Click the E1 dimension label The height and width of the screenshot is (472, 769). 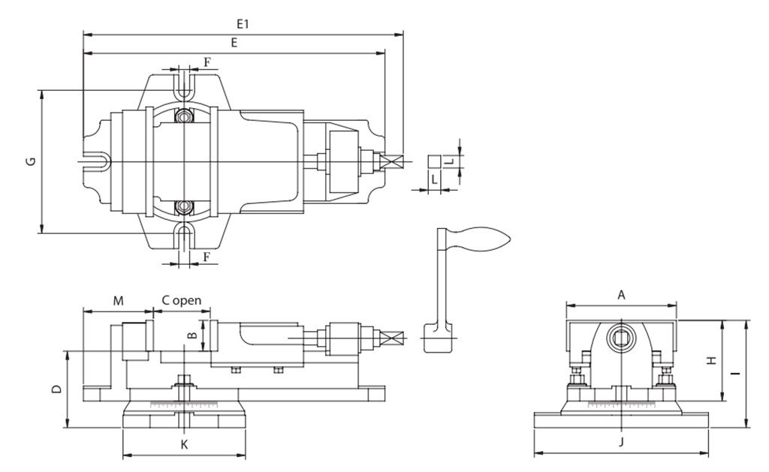[243, 23]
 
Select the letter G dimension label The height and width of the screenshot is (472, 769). [32, 161]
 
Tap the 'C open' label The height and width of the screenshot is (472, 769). [182, 300]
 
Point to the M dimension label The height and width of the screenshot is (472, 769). [118, 300]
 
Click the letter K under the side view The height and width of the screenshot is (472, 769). [185, 444]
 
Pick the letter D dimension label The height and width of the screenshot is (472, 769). [57, 389]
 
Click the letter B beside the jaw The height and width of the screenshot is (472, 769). [193, 335]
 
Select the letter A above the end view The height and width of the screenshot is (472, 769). [621, 295]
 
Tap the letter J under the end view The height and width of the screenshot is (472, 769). [621, 442]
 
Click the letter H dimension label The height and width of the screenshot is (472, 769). [712, 360]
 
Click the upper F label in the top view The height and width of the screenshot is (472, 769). [207, 62]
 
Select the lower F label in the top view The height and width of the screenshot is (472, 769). [207, 257]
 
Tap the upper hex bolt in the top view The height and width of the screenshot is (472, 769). [184, 117]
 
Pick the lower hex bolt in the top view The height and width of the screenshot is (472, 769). [184, 207]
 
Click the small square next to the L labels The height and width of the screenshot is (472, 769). [434, 162]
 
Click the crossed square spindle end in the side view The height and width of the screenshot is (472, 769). [395, 338]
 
